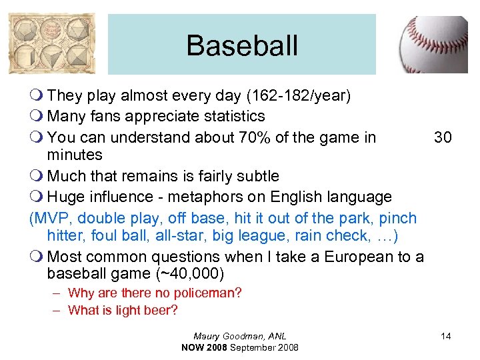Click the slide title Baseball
tap(242, 45)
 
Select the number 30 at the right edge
tap(443, 137)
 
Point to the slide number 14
tap(445, 336)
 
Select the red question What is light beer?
tap(122, 310)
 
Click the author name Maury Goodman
tap(240, 336)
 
